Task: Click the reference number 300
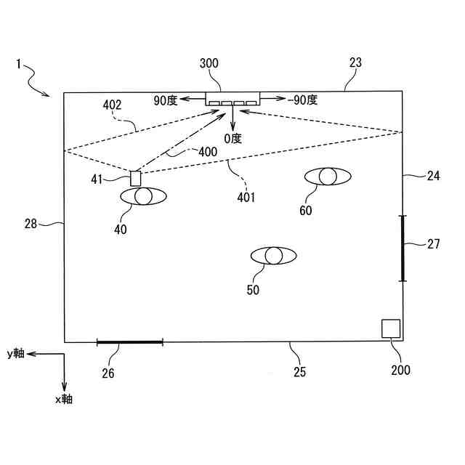tap(209, 64)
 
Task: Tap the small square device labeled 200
tap(391, 328)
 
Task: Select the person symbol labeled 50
tap(273, 256)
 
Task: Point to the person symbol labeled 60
tap(327, 176)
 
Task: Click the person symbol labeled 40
tap(143, 196)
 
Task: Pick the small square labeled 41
tap(135, 178)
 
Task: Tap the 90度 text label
tap(165, 100)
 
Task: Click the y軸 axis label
tap(15, 354)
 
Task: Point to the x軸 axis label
tap(63, 399)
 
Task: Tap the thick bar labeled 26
tap(129, 341)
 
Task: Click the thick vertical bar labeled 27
tap(402, 248)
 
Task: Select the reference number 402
tap(112, 105)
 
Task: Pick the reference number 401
tap(246, 197)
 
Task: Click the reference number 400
tap(207, 152)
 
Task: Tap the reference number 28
tap(31, 224)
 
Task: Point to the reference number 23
tap(355, 63)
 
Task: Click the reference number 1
tap(17, 64)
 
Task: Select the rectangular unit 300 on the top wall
tap(232, 98)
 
